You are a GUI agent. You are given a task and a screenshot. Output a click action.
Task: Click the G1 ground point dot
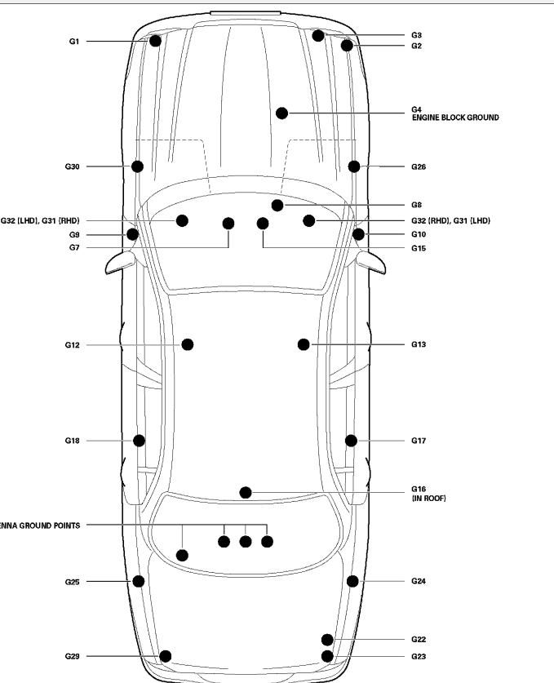coord(155,41)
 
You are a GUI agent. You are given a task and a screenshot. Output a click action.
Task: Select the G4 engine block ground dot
coord(282,113)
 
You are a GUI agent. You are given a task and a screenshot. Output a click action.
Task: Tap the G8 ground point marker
coord(277,205)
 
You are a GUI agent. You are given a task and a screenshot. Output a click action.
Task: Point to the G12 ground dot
coord(188,344)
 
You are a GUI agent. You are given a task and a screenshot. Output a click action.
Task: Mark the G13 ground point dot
coord(304,344)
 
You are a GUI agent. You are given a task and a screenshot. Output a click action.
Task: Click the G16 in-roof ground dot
coord(246,492)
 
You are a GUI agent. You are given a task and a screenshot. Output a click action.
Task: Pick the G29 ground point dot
coord(166,656)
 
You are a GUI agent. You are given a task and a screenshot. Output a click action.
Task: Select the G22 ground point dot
coord(327,640)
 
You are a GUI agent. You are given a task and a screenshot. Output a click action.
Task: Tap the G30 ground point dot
coord(138,166)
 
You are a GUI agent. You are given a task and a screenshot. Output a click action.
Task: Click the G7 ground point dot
coord(228,224)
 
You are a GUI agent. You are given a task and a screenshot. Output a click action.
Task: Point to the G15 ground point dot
coord(262,224)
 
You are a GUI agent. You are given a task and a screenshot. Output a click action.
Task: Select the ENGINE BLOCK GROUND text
coord(455,118)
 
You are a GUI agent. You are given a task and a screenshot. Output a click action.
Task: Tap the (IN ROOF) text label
coord(429,498)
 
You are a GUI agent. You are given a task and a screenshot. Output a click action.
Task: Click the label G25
coord(73,582)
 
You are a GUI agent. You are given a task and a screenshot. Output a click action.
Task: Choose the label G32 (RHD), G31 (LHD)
coord(450,220)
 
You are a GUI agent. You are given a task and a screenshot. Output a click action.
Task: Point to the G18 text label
coord(73,441)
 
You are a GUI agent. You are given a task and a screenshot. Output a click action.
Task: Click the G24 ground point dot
coord(352,581)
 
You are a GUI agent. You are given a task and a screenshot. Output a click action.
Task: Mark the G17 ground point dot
coord(351,441)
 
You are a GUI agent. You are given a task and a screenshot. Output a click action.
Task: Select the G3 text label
coord(416,36)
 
